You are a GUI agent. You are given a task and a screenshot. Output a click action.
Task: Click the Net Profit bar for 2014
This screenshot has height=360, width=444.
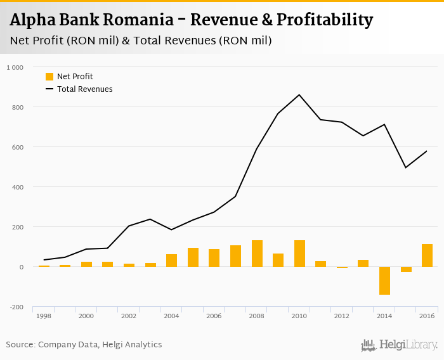384,281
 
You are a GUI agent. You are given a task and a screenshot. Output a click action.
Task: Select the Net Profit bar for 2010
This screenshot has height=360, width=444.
299,254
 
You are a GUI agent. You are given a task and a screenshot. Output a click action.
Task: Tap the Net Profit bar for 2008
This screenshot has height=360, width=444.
257,254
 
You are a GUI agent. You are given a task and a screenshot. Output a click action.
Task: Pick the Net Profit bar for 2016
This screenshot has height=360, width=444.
427,255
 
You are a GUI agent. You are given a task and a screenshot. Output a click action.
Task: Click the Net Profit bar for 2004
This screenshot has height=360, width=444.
171,260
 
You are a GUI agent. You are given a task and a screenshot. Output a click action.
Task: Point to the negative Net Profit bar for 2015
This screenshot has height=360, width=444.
406,269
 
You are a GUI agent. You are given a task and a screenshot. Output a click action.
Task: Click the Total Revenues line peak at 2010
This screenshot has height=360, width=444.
299,95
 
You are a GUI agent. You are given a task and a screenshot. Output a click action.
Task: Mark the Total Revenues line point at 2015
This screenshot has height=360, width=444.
406,167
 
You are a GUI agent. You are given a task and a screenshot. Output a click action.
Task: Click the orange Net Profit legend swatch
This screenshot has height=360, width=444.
49,77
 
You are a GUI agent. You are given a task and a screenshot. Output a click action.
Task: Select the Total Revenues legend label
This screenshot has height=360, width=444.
85,89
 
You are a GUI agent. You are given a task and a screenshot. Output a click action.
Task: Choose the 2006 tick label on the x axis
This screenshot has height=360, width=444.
214,316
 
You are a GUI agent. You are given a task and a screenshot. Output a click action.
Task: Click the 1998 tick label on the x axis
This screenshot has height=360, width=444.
44,316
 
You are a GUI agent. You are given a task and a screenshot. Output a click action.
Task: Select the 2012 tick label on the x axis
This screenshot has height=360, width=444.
342,316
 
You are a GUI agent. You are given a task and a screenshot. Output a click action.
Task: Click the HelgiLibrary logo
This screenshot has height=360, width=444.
400,345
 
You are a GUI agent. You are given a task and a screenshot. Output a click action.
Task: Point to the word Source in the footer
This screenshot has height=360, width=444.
20,345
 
